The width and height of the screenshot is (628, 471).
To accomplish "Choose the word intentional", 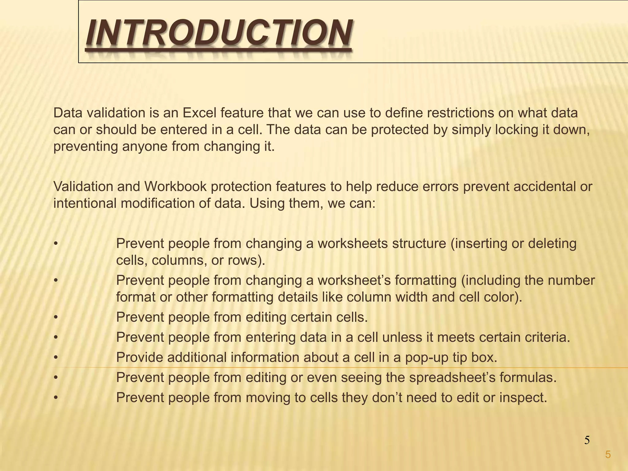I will click(85, 203).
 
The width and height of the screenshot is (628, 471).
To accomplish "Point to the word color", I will click(500, 297).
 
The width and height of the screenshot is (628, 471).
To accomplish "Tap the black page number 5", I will click(587, 440).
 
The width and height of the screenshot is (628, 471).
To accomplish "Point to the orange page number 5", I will click(608, 454).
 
